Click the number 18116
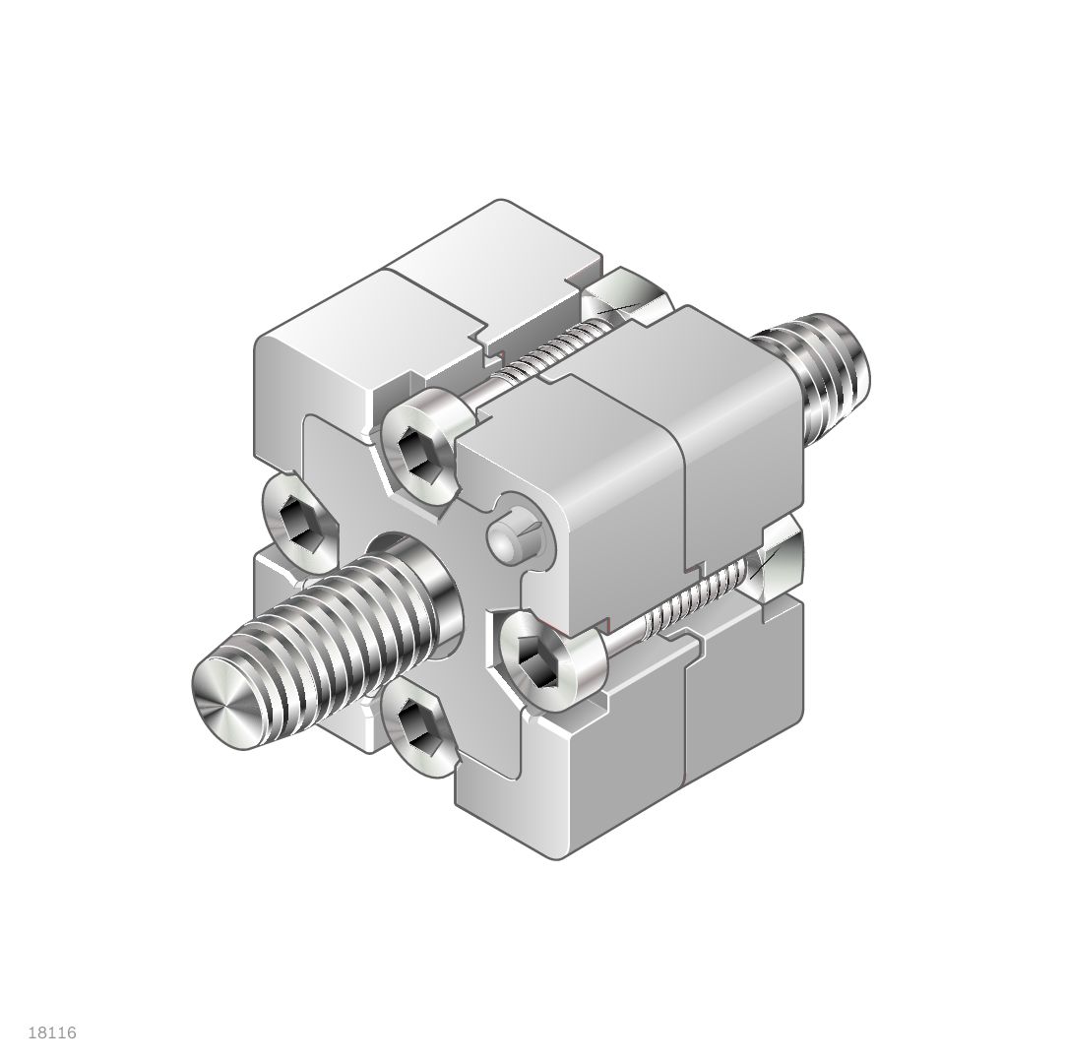coord(53,1032)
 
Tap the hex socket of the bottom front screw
coord(412,727)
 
